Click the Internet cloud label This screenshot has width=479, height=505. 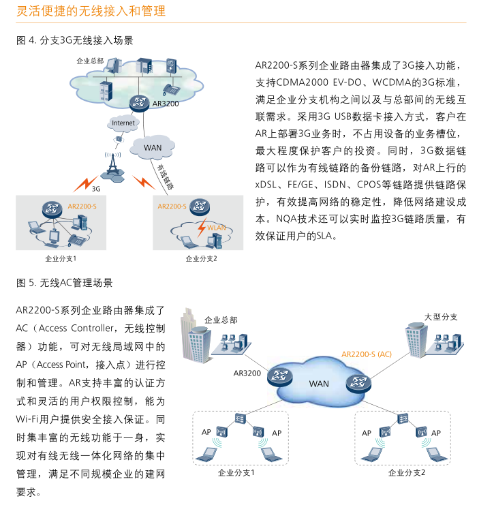123,123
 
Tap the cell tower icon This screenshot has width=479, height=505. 112,167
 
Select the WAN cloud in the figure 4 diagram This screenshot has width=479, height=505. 152,147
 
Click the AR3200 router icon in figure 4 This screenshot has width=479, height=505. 139,103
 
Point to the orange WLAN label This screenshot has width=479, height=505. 216,228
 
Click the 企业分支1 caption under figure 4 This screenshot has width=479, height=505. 61,258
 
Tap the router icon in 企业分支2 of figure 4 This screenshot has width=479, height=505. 200,206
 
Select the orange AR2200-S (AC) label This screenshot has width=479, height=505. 367,354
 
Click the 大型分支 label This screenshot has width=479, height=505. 441,317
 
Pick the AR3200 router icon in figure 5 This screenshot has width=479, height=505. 280,376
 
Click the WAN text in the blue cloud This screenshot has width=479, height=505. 319,384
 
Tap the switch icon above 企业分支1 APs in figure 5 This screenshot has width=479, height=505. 240,418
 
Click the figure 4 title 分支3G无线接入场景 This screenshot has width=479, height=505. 87,40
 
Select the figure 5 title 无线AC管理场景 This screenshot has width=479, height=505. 76,283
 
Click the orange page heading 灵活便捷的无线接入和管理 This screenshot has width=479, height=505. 91,11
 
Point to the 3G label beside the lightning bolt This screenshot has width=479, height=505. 96,189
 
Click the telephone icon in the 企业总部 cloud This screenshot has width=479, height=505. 170,89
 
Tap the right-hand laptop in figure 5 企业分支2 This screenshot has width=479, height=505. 437,455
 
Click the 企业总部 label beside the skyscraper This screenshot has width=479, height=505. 221,320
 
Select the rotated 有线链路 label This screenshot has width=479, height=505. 166,177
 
